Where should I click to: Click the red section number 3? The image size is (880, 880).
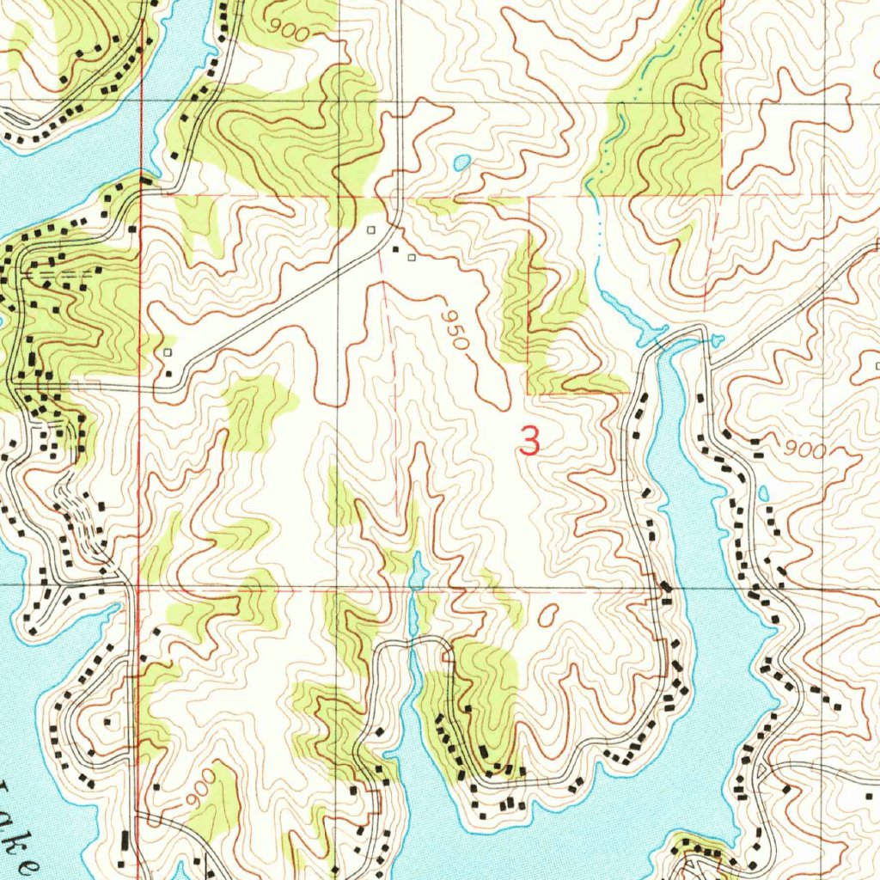point(530,441)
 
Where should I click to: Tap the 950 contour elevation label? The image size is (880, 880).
point(454,329)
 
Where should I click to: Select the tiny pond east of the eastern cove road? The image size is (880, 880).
point(763,493)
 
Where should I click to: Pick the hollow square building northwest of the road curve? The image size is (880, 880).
point(371,230)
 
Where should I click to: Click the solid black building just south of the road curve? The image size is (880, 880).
point(396,250)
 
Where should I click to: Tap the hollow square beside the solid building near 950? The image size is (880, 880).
point(411,257)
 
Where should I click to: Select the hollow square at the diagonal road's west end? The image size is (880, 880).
point(168,352)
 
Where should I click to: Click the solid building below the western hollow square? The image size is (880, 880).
point(168,373)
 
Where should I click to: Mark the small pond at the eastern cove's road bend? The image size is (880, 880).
point(718,342)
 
